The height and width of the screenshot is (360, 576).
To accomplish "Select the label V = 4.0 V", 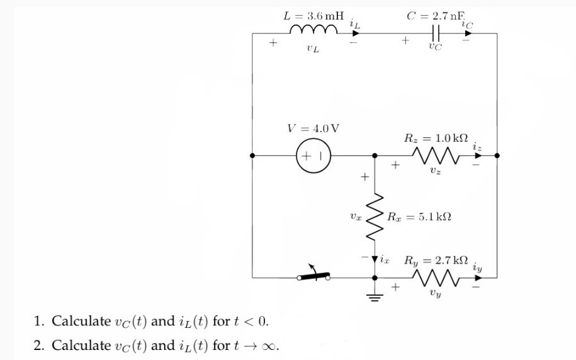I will pyautogui.click(x=313, y=128).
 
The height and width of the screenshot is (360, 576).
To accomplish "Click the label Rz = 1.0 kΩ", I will pyautogui.click(x=436, y=137).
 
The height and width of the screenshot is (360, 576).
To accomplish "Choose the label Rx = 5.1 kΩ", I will pyautogui.click(x=419, y=217).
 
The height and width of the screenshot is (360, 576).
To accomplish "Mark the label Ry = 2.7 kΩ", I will pyautogui.click(x=436, y=259).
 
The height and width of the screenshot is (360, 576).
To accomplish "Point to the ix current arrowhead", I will pyautogui.click(x=375, y=259).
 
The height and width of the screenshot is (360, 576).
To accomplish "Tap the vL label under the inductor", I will pyautogui.click(x=312, y=48).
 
